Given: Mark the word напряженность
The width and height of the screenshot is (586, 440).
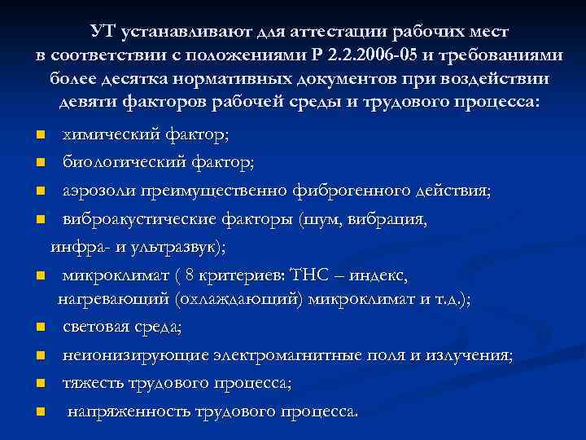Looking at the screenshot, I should [125, 411].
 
